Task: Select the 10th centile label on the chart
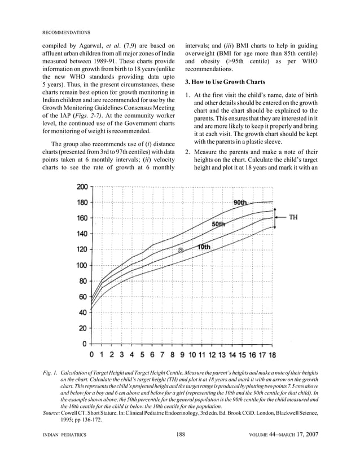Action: tap(204, 247)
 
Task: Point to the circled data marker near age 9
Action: tap(181, 250)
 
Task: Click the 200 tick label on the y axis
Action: tap(81, 187)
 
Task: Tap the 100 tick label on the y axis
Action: tap(81, 265)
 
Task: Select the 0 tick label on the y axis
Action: tap(84, 343)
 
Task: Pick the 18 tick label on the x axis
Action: tap(271, 355)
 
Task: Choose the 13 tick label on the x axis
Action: tap(222, 355)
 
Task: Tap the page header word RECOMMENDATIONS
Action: tap(67, 32)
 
